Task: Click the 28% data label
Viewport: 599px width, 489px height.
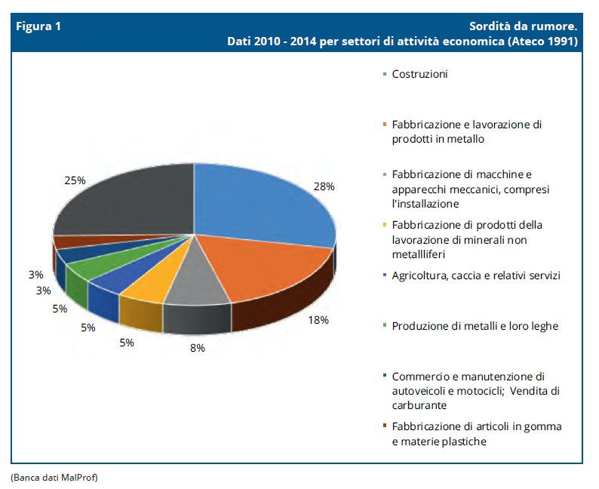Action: pyautogui.click(x=324, y=186)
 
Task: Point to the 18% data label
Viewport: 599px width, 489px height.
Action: pyautogui.click(x=318, y=319)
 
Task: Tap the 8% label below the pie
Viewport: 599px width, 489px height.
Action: pyautogui.click(x=196, y=348)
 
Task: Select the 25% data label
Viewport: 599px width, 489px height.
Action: pyautogui.click(x=75, y=181)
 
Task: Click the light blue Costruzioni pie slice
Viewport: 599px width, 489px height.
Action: pyautogui.click(x=256, y=200)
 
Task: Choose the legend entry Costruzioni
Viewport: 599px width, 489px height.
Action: pyautogui.click(x=419, y=74)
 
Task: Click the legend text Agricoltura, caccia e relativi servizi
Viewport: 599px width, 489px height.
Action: pyautogui.click(x=476, y=275)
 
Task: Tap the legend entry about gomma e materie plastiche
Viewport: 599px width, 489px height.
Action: pyautogui.click(x=476, y=434)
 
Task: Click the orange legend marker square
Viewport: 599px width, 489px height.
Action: pyautogui.click(x=385, y=125)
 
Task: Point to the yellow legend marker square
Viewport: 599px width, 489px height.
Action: pyautogui.click(x=385, y=226)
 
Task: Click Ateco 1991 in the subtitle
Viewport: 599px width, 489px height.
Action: pyautogui.click(x=542, y=41)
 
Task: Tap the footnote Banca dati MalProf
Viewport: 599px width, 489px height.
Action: pyautogui.click(x=54, y=477)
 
